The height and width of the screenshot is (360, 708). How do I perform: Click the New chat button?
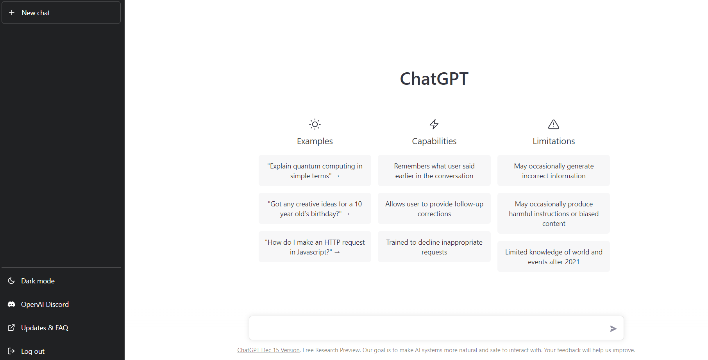click(x=61, y=13)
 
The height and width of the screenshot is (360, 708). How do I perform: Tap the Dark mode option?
click(x=38, y=281)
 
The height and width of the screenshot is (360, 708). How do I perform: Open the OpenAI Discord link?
click(x=45, y=304)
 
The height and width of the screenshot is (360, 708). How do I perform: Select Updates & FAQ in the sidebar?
click(x=44, y=328)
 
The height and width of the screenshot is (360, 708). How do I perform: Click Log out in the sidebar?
click(x=32, y=351)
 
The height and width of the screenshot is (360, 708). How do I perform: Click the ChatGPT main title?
click(x=434, y=79)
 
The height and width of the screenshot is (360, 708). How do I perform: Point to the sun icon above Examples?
click(x=315, y=124)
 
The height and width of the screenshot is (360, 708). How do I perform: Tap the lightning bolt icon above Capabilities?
click(x=434, y=124)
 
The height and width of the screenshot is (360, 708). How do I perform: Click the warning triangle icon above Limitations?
click(x=554, y=124)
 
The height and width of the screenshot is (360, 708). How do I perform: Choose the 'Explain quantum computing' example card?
click(x=315, y=171)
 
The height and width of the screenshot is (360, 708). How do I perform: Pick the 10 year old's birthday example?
click(x=315, y=209)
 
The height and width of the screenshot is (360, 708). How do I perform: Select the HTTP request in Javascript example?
click(x=315, y=247)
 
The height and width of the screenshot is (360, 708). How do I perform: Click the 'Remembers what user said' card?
click(x=434, y=171)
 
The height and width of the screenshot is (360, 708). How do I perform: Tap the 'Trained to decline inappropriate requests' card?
click(x=434, y=247)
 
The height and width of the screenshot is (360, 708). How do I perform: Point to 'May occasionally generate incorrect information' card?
click(x=554, y=171)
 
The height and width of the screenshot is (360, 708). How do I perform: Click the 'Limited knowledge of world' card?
click(x=554, y=257)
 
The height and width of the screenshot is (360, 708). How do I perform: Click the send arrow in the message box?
click(x=613, y=329)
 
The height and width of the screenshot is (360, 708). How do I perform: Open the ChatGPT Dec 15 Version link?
click(x=268, y=350)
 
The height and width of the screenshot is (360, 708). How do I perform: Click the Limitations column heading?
click(x=554, y=141)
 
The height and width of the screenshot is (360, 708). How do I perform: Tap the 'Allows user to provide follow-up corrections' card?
click(x=434, y=209)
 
